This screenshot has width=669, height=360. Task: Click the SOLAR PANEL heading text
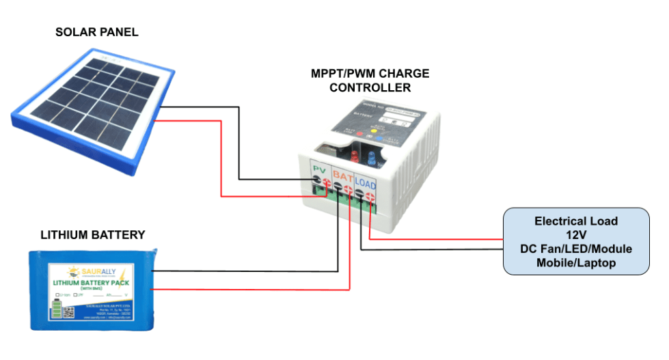coord(97,32)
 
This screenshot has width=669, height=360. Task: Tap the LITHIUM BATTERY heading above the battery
coord(93,235)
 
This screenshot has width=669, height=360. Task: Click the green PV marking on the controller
coord(318,169)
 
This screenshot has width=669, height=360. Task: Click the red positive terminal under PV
coord(326,182)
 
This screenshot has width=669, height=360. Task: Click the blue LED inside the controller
coord(372,158)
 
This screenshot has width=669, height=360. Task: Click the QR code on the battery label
coord(68,312)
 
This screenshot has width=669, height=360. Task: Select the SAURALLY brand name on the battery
coord(99,271)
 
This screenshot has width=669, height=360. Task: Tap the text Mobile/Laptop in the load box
coord(576,263)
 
